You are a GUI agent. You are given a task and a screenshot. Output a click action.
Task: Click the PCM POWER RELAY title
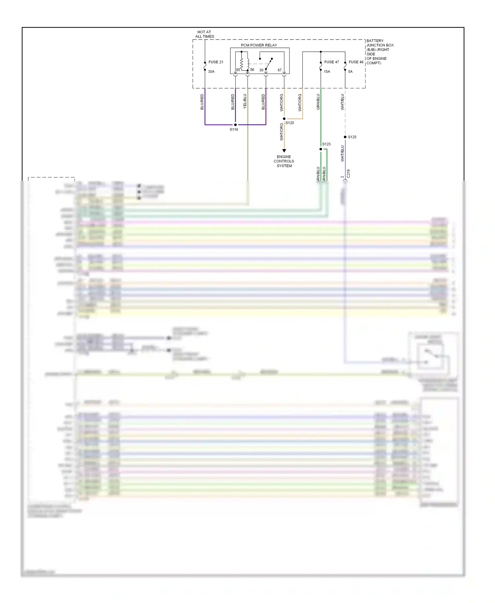pyautogui.click(x=259, y=45)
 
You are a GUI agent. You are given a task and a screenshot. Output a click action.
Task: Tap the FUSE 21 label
pyautogui.click(x=215, y=62)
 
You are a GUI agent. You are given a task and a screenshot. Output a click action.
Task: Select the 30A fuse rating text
pyautogui.click(x=211, y=72)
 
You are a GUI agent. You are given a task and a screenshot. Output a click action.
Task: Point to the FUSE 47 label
pyautogui.click(x=331, y=62)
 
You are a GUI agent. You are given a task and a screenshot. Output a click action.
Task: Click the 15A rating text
pyautogui.click(x=327, y=72)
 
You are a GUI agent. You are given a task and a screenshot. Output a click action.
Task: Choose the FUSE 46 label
pyautogui.click(x=356, y=62)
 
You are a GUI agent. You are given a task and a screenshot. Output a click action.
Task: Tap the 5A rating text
pyautogui.click(x=350, y=72)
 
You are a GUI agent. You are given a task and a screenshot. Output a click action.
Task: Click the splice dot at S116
pyautogui.click(x=235, y=125)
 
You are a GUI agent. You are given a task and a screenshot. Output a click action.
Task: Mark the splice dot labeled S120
pyautogui.click(x=284, y=119)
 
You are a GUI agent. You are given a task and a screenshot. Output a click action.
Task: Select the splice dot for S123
pyautogui.click(x=321, y=149)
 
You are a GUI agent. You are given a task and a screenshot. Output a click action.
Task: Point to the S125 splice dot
pyautogui.click(x=345, y=137)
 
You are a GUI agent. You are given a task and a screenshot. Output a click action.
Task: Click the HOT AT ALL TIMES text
pyautogui.click(x=205, y=34)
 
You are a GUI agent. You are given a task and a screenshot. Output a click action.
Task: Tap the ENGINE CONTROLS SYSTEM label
pyautogui.click(x=284, y=161)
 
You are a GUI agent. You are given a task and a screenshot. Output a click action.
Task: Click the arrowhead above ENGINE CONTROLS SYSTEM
pyautogui.click(x=284, y=151)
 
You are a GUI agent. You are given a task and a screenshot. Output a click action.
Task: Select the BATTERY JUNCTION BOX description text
pyautogui.click(x=379, y=52)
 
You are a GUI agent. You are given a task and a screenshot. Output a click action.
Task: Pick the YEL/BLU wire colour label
pyautogui.click(x=245, y=101)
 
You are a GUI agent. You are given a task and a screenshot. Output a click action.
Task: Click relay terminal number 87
pyautogui.click(x=280, y=70)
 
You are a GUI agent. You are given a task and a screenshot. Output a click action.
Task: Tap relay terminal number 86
pyautogui.click(x=252, y=70)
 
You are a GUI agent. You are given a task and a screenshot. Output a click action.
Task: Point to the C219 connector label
pyautogui.click(x=348, y=174)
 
